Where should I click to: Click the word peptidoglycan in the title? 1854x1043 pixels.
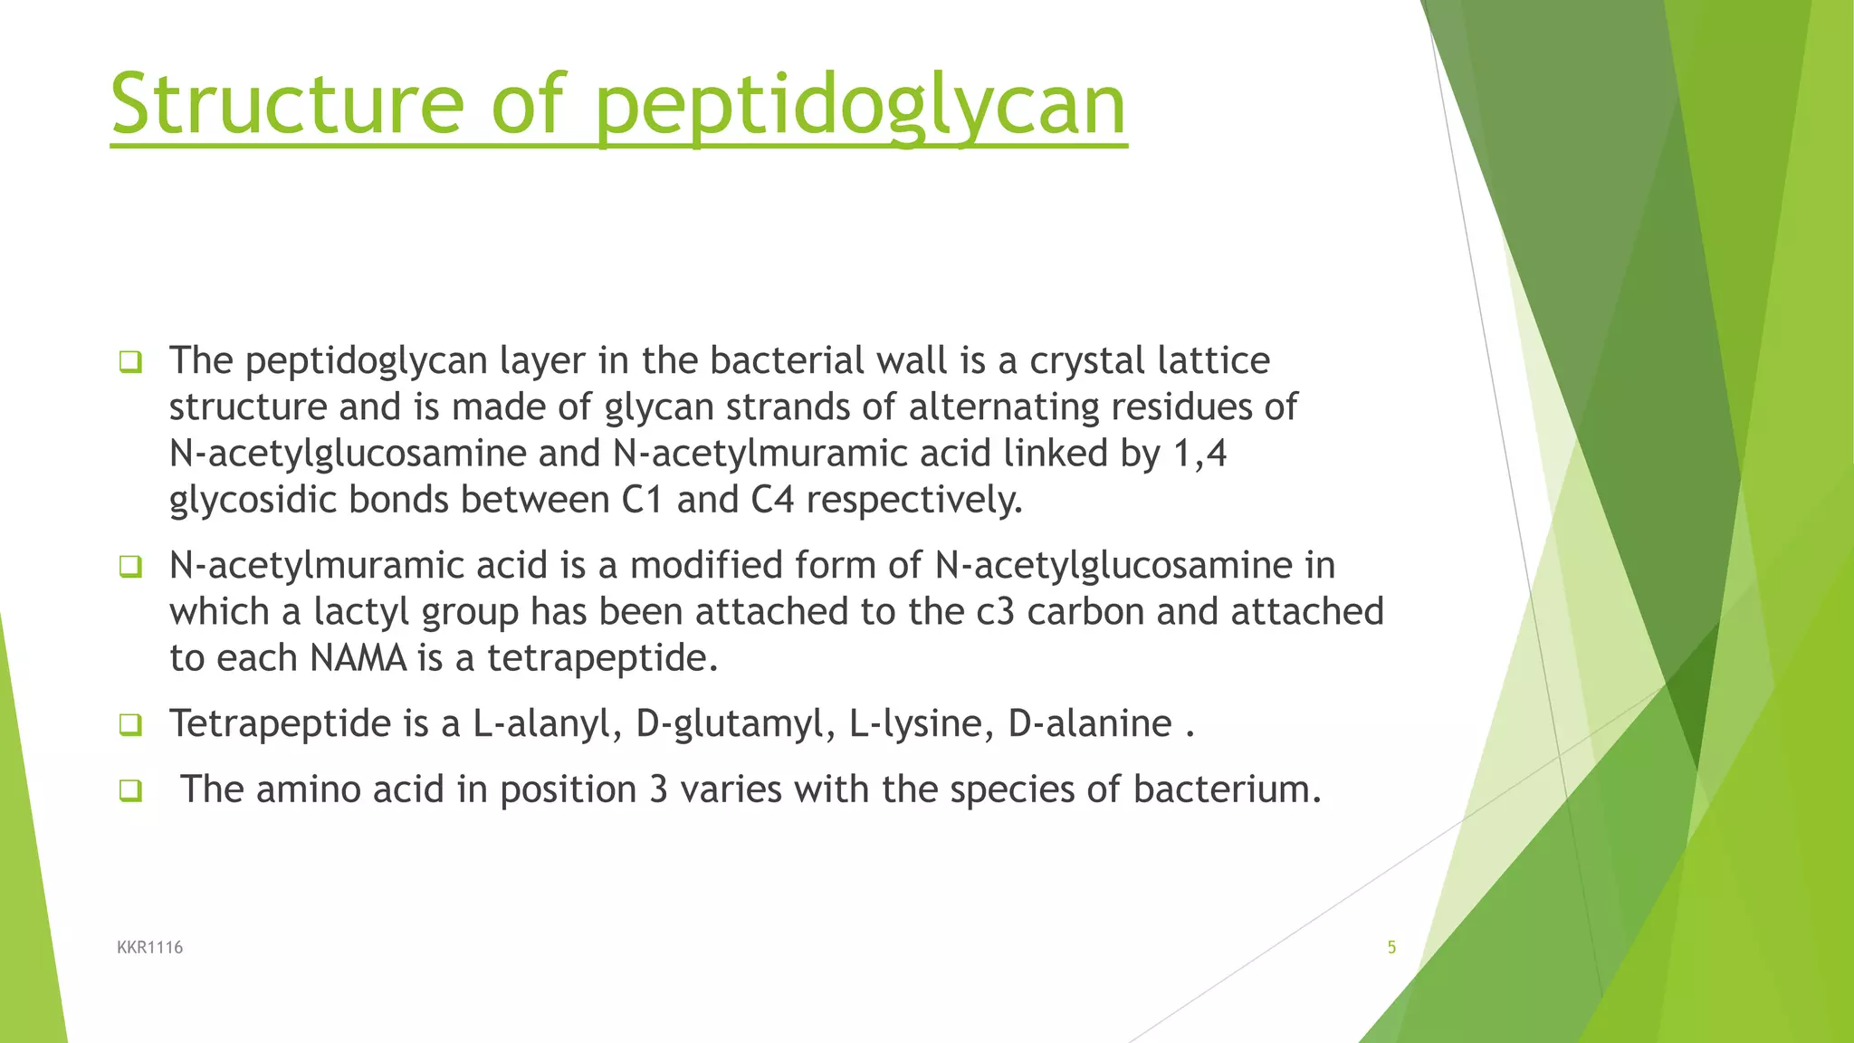(860, 107)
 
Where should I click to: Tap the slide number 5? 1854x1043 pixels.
(1391, 947)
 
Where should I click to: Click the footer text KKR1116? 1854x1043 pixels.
(150, 947)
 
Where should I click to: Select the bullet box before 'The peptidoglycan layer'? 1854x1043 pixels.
(130, 363)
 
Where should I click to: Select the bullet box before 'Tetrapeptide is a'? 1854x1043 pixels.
(130, 725)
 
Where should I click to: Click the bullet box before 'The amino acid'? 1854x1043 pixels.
(130, 791)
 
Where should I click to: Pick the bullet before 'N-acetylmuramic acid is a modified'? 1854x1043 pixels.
(130, 568)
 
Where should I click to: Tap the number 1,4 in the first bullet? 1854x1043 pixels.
(1199, 454)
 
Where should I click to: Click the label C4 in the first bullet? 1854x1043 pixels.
(772, 500)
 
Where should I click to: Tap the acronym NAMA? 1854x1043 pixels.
(358, 658)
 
